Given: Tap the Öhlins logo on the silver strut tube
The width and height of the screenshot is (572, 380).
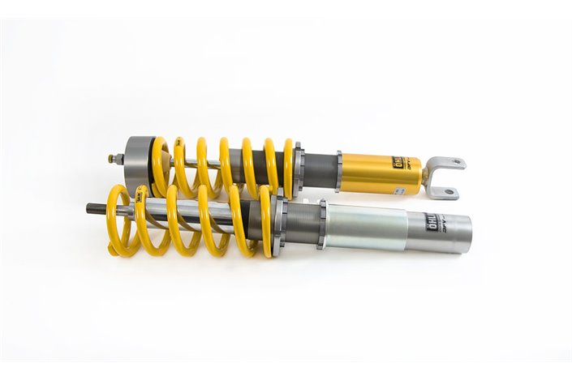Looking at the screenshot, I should point(432,223).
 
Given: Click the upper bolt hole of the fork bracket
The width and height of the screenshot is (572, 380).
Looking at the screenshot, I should point(458,163).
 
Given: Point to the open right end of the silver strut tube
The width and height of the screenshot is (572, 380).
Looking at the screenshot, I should point(467,233).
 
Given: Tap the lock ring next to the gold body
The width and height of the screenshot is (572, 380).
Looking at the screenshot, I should point(338,170).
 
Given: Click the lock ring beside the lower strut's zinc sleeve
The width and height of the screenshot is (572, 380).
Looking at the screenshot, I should point(322,224).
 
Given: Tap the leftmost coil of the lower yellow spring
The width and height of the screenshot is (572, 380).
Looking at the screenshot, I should point(115,220).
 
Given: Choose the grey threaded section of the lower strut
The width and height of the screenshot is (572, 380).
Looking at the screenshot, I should point(302,223).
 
